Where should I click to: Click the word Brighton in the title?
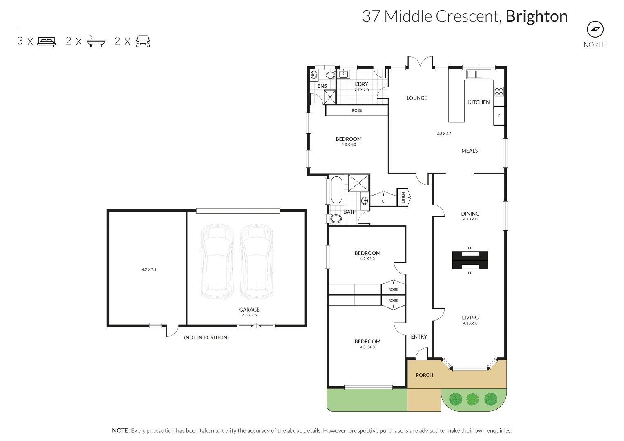click(537, 16)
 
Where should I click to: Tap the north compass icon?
click(595, 29)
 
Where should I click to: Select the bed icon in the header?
click(47, 41)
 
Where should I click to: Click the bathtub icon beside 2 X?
click(96, 41)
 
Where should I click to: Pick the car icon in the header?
click(143, 41)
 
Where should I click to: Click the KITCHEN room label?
click(479, 102)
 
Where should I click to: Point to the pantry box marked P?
click(499, 116)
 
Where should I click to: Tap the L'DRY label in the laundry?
click(361, 84)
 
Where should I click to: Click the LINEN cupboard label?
click(403, 198)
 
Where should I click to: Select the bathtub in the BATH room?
click(336, 190)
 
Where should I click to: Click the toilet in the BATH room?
click(335, 219)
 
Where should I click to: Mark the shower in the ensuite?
click(330, 97)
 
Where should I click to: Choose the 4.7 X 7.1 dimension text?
click(149, 269)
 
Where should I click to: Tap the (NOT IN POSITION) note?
click(206, 338)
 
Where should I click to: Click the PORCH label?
click(424, 375)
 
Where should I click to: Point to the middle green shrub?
click(472, 399)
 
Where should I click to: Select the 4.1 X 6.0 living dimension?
click(470, 323)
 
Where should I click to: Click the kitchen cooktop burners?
click(499, 91)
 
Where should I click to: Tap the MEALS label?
click(470, 151)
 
